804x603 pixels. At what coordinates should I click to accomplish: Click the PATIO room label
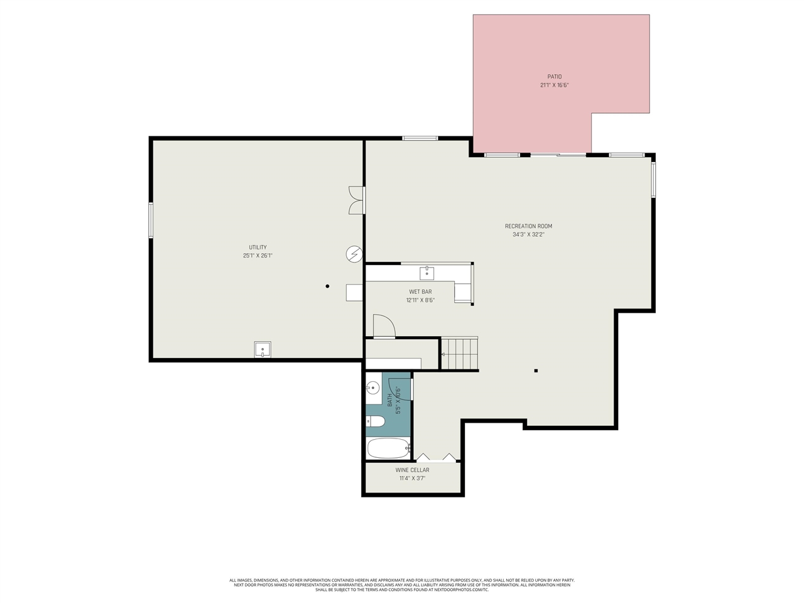554,77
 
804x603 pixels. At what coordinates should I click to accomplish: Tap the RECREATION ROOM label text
528,226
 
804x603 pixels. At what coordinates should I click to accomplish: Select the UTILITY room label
258,247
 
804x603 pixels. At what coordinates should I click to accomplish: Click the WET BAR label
420,291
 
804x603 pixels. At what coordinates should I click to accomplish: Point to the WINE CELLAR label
412,470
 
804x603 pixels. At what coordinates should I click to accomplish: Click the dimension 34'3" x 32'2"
528,235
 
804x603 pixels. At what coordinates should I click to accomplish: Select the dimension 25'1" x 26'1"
258,256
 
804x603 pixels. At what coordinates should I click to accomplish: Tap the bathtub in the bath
388,448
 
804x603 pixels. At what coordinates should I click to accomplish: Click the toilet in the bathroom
376,421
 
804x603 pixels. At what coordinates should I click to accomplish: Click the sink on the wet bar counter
426,273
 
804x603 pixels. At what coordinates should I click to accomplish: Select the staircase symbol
460,354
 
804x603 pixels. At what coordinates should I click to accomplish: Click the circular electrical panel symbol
354,254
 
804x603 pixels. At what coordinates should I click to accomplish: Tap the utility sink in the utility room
263,350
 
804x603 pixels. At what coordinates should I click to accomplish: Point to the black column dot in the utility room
327,286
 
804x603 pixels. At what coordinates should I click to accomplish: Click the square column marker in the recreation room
536,371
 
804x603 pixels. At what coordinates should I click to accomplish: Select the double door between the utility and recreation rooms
357,200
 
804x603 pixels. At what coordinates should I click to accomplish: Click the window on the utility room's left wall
151,220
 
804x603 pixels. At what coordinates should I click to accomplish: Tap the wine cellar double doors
437,457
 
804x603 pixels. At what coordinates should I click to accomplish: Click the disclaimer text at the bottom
402,585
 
